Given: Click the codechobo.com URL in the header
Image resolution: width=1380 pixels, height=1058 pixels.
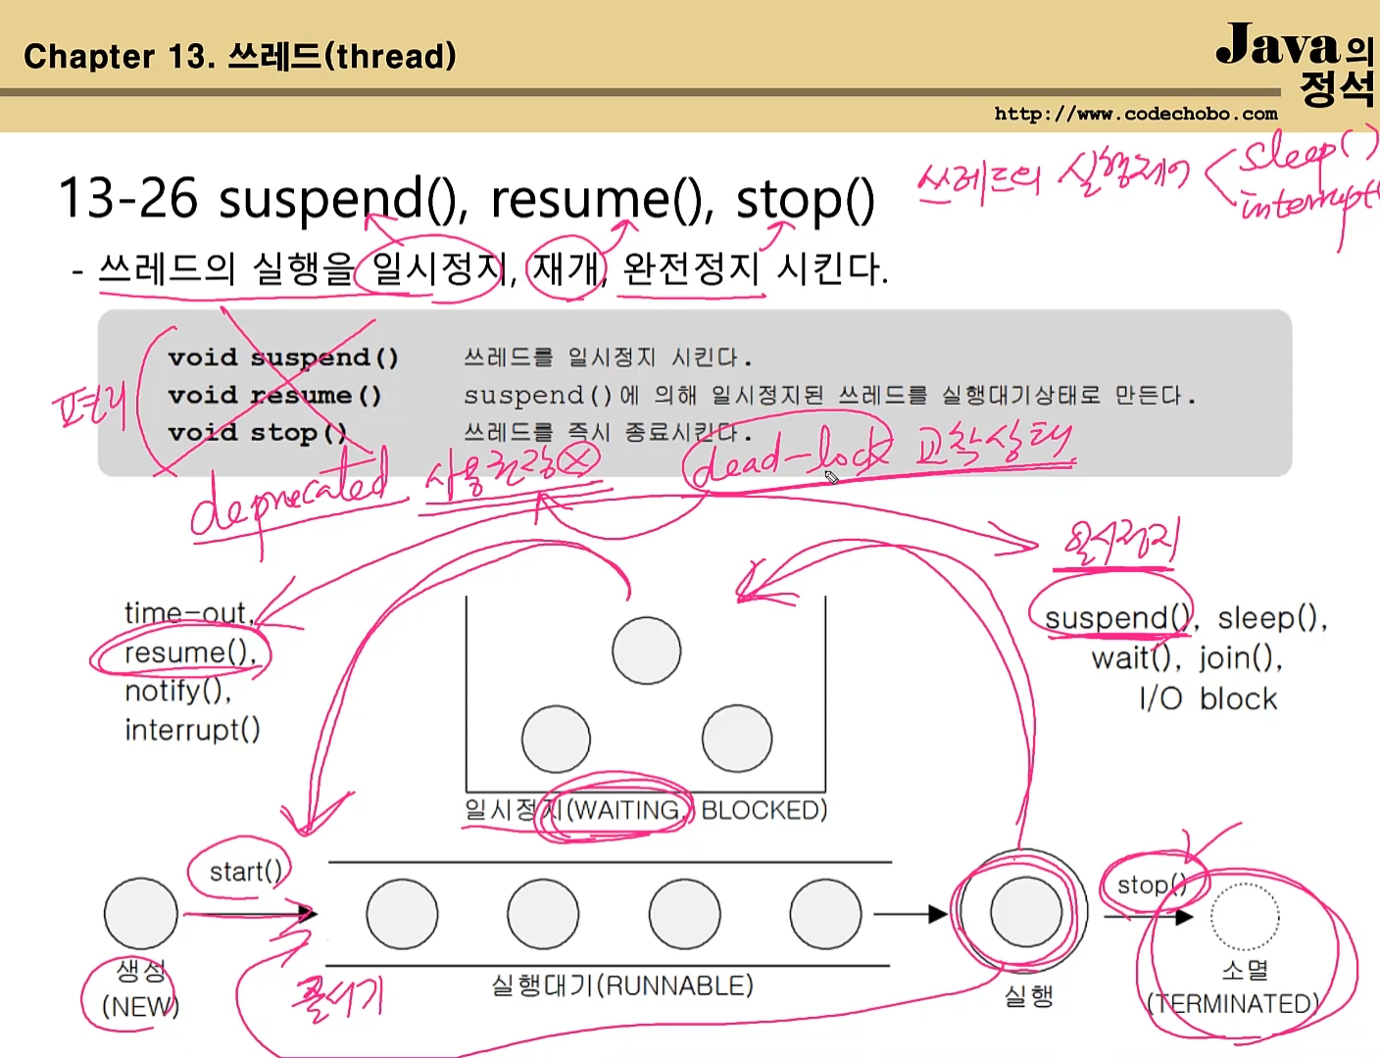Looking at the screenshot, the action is pyautogui.click(x=1135, y=114).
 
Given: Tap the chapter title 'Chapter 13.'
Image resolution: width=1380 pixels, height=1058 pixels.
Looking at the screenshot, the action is pyautogui.click(x=119, y=57).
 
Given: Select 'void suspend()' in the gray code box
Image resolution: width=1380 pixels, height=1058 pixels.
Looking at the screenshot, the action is pyautogui.click(x=282, y=358).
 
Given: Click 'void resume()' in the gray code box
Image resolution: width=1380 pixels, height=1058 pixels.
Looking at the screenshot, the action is pyautogui.click(x=273, y=396).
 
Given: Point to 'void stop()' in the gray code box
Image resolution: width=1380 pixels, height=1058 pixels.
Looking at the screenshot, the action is pyautogui.click(x=257, y=433).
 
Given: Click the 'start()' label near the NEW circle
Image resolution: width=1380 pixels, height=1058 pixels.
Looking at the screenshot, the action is pyautogui.click(x=245, y=871).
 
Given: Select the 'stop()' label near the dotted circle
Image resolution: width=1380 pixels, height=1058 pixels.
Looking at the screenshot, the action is pyautogui.click(x=1151, y=886).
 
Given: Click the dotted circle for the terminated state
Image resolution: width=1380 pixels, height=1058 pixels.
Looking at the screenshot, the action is pyautogui.click(x=1244, y=917).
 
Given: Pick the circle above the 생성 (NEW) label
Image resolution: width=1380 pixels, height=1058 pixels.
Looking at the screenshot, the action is pyautogui.click(x=141, y=914).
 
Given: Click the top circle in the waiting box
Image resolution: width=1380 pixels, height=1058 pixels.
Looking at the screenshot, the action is pyautogui.click(x=646, y=650).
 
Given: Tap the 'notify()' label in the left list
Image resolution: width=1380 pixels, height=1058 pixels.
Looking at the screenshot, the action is pyautogui.click(x=177, y=692).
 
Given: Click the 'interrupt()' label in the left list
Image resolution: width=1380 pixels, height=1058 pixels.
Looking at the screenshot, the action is pyautogui.click(x=192, y=730).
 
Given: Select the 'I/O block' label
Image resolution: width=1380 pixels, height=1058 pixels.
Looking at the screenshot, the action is pyautogui.click(x=1207, y=699).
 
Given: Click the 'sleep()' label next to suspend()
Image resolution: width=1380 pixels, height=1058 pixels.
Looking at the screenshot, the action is pyautogui.click(x=1271, y=618).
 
